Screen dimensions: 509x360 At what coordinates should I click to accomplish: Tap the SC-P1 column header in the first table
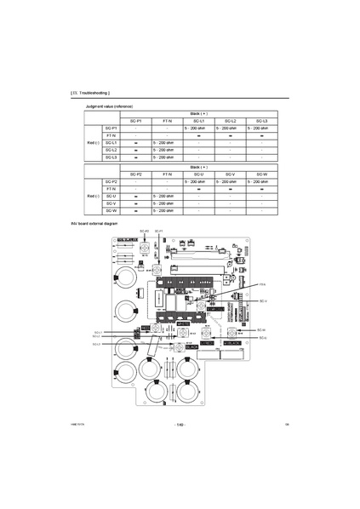point(136,122)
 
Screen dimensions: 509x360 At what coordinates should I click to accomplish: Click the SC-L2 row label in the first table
point(111,150)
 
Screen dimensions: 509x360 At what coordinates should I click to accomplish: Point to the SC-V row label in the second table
point(111,203)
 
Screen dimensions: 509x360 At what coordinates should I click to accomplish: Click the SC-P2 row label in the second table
point(111,181)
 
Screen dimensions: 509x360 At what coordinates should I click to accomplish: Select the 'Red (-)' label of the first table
point(93,142)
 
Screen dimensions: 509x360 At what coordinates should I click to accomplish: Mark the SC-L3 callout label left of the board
point(97,344)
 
